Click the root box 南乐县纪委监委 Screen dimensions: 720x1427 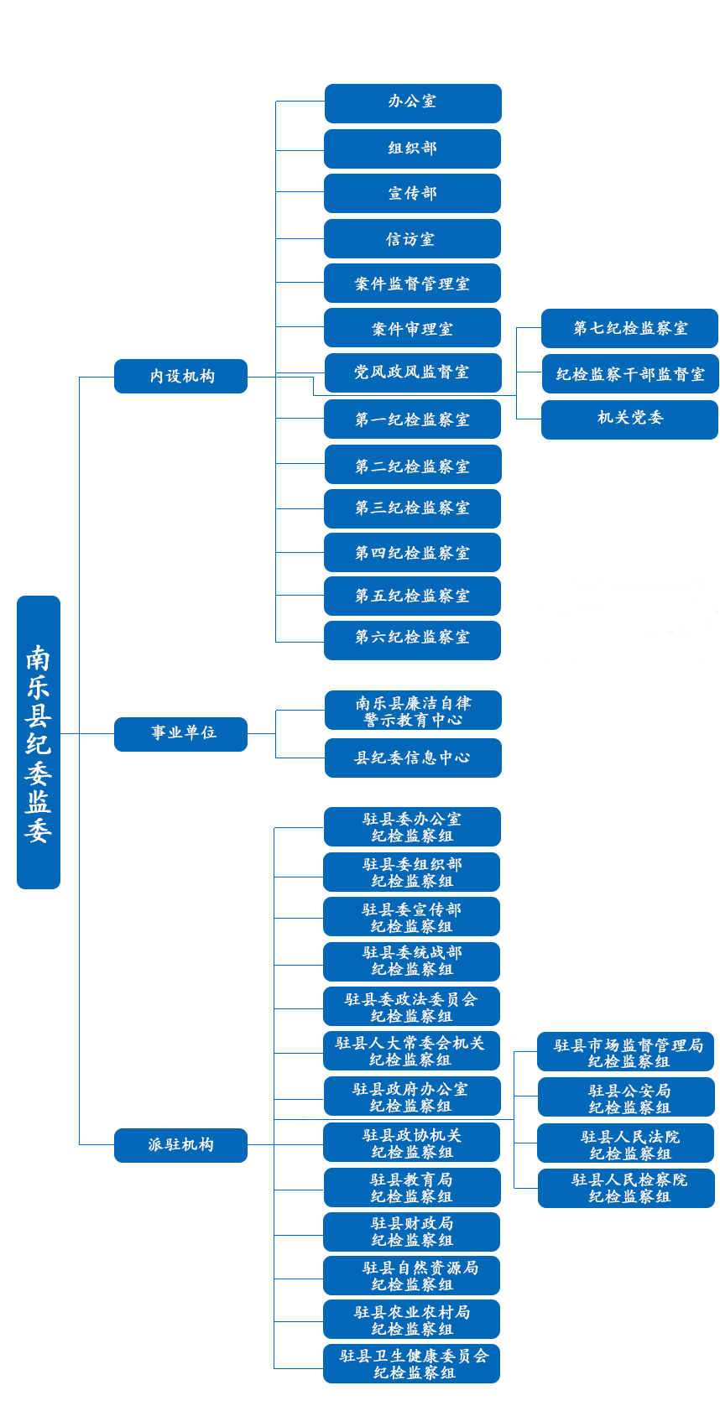point(39,742)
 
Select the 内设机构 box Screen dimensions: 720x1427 point(181,377)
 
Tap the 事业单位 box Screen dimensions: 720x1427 point(181,735)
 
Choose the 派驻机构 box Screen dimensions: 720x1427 point(181,1145)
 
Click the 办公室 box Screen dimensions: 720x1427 point(413,103)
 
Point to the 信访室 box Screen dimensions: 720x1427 point(412,239)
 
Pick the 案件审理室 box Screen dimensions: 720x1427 point(412,328)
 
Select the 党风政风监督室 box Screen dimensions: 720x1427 point(413,372)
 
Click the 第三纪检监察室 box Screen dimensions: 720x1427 point(412,508)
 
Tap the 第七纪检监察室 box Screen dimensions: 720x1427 point(629,328)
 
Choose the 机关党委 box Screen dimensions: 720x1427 point(629,419)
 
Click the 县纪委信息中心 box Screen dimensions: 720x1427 point(413,758)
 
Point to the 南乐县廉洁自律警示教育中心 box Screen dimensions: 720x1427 point(413,711)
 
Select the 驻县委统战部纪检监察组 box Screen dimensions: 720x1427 point(412,962)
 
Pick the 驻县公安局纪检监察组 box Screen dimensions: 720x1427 point(626,1097)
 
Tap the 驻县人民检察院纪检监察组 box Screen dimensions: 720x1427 point(626,1188)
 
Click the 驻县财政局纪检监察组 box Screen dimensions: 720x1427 point(412,1232)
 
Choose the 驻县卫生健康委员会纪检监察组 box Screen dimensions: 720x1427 point(412,1364)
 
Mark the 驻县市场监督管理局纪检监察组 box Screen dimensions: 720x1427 point(626,1052)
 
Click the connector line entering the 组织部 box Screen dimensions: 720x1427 point(300,151)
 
